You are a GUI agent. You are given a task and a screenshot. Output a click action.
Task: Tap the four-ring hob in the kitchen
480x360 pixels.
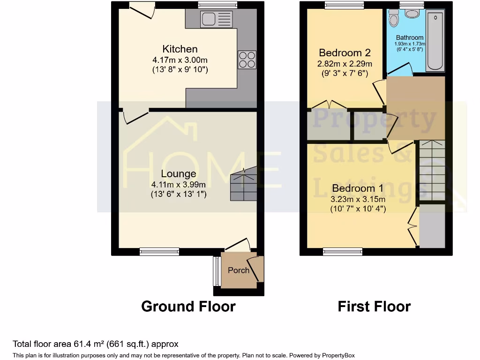247,60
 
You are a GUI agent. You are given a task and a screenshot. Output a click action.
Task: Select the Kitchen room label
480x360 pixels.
180,49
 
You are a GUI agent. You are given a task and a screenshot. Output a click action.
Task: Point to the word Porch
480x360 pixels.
239,270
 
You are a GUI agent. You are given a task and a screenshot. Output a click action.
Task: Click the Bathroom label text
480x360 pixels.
410,37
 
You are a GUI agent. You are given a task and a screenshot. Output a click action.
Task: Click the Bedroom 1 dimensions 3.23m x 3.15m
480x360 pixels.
358,199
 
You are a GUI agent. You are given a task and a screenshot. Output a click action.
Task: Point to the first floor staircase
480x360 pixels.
431,171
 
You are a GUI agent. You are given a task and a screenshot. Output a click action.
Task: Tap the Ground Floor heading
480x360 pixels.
188,307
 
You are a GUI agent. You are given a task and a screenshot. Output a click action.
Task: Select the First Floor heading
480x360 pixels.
374,307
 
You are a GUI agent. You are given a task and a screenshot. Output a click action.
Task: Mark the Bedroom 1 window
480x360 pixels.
342,252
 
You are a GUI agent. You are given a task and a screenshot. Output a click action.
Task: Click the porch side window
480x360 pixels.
216,271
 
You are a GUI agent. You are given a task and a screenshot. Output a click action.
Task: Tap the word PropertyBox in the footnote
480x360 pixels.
341,355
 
